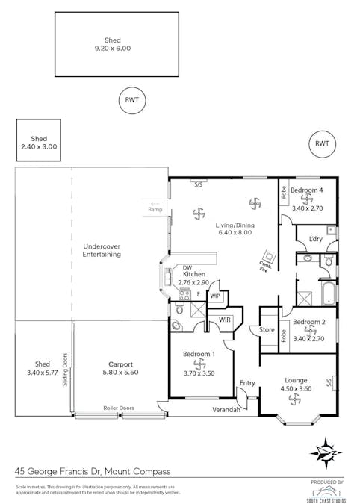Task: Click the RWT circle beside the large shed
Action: point(132,100)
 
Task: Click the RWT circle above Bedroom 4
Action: point(322,143)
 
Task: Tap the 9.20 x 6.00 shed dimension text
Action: point(113,49)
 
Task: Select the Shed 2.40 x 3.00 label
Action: point(39,143)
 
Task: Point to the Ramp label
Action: point(155,209)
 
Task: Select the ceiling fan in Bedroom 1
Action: point(199,364)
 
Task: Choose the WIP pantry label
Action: point(215,296)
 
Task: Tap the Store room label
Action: point(267,329)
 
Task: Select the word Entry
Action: point(247,383)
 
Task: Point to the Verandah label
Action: point(226,410)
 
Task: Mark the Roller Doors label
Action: point(119,408)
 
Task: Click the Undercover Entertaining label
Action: point(102,250)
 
